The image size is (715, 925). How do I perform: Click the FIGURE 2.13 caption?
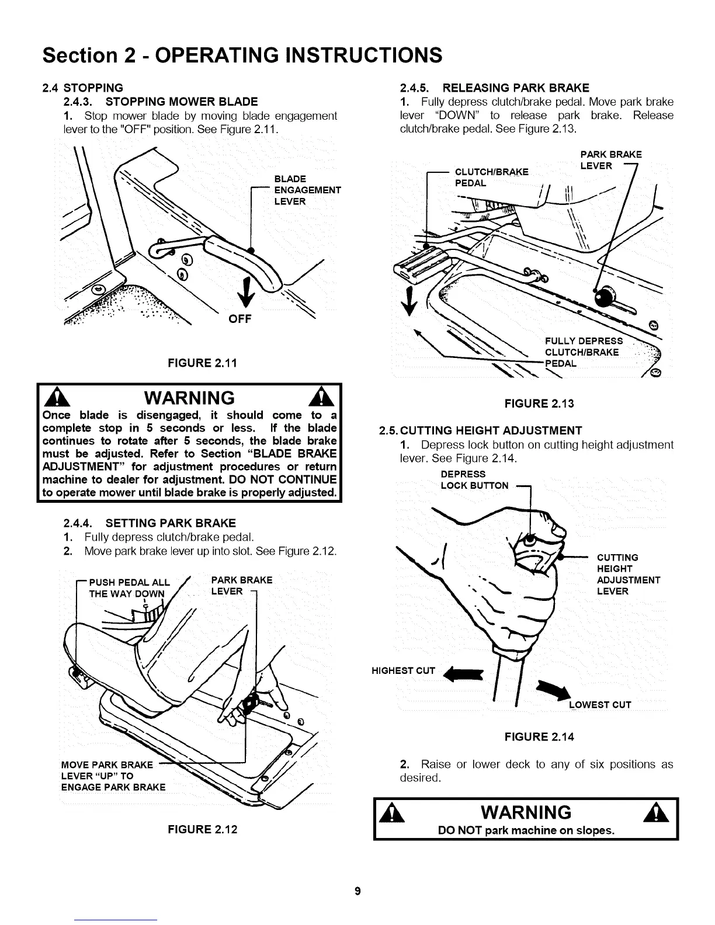point(539,403)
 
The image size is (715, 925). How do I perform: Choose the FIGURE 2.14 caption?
point(539,737)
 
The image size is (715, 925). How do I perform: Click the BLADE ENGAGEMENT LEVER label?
point(307,190)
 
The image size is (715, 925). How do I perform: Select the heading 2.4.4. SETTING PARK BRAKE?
point(149,523)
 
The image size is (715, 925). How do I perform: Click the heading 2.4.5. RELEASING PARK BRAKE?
point(494,88)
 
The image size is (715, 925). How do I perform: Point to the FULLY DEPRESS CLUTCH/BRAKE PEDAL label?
point(583,352)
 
